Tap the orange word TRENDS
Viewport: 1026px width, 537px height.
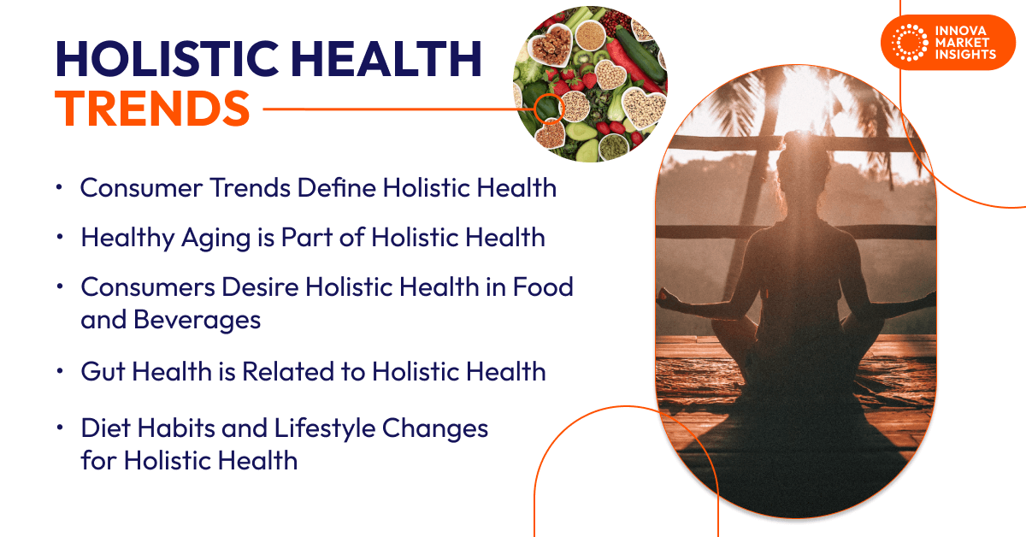[153, 109]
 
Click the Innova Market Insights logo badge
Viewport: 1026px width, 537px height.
[941, 42]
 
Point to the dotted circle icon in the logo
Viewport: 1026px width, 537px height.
[909, 42]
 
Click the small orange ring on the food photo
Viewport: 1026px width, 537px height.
[548, 109]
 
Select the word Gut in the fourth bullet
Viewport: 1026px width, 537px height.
[103, 371]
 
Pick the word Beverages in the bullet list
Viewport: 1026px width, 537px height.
[171, 320]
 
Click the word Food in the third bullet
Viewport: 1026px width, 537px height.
[542, 287]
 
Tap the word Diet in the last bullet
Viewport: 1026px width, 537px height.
[108, 428]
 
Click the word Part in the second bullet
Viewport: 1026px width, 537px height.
[309, 237]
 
